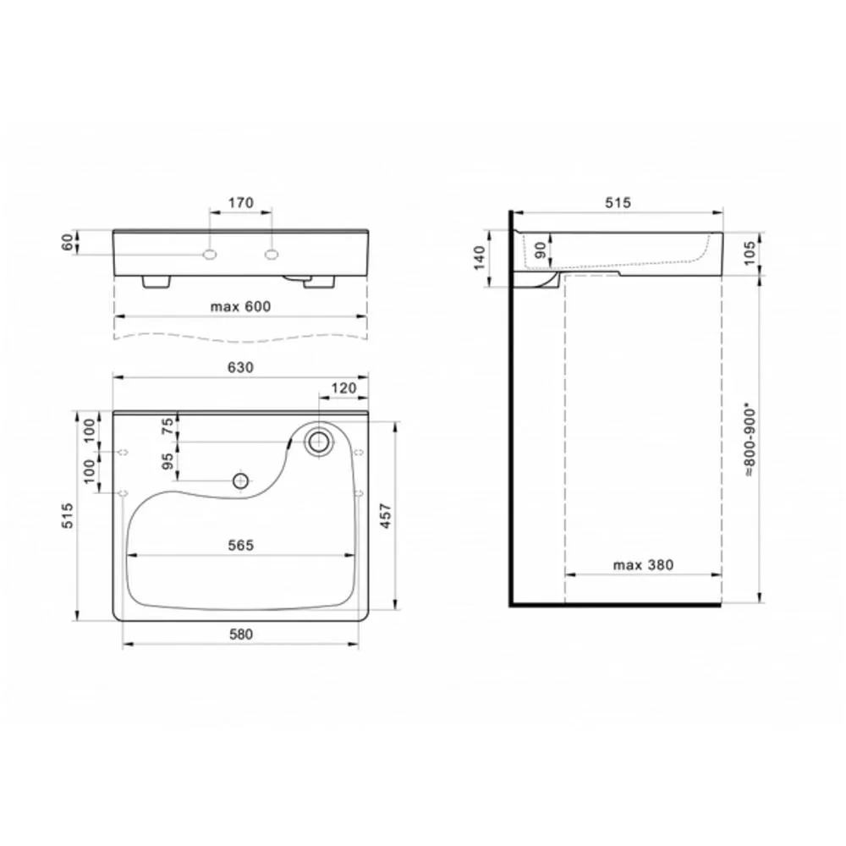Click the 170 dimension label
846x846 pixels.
[240, 203]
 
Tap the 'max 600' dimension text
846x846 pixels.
[240, 306]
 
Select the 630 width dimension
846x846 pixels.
[240, 367]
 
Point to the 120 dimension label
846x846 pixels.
[343, 388]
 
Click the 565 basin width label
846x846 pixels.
[240, 546]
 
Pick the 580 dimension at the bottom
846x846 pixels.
[240, 634]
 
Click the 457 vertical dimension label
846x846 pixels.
[385, 516]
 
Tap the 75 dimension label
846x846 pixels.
[168, 426]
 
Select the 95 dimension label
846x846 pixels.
[168, 461]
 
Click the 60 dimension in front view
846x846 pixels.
[67, 243]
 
